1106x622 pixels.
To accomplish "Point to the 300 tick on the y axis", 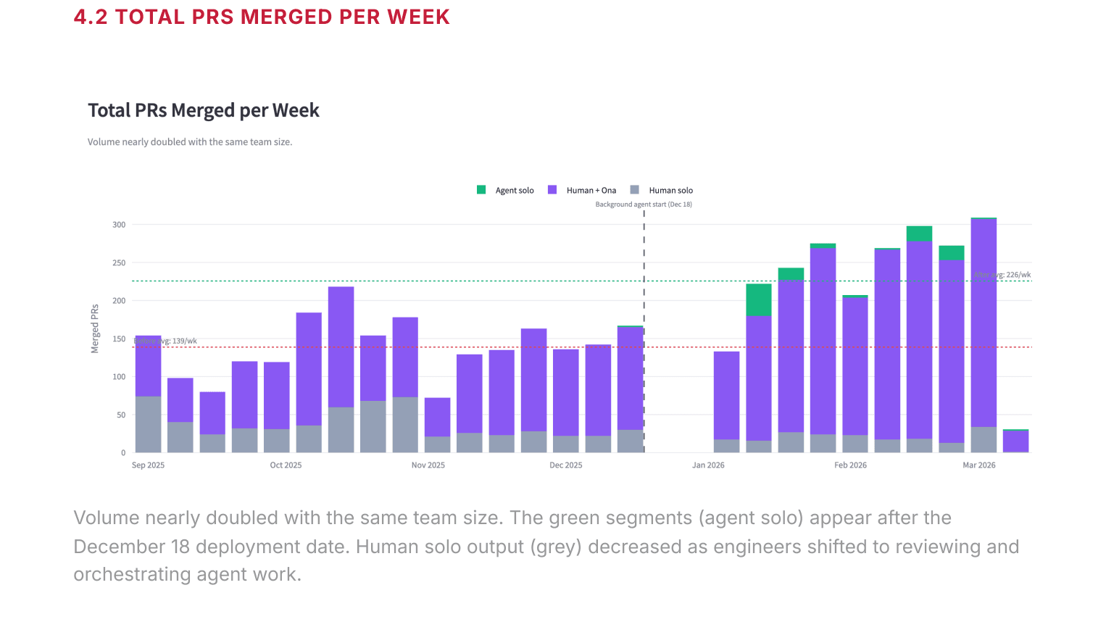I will pos(119,225).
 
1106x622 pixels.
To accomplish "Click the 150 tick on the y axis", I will pos(119,339).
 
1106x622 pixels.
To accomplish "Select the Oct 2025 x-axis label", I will pos(286,465).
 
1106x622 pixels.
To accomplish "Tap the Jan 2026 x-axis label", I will pos(708,465).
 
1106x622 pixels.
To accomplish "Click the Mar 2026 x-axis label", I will pos(978,465).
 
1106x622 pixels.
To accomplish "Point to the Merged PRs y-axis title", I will pos(95,329).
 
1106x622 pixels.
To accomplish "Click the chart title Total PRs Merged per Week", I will pos(204,110).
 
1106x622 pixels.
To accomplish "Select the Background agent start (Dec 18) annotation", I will pos(644,204).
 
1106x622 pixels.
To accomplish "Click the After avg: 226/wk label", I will pos(1002,275).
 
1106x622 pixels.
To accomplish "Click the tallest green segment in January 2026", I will pos(758,299).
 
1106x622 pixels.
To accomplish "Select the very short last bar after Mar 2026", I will pos(1015,441).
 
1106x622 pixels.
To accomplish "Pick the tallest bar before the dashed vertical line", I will pos(341,348).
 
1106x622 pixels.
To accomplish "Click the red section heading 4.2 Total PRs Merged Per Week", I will pos(262,17).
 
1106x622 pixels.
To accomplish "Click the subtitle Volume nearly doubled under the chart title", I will pos(190,142).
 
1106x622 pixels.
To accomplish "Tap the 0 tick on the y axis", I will pos(123,453).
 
